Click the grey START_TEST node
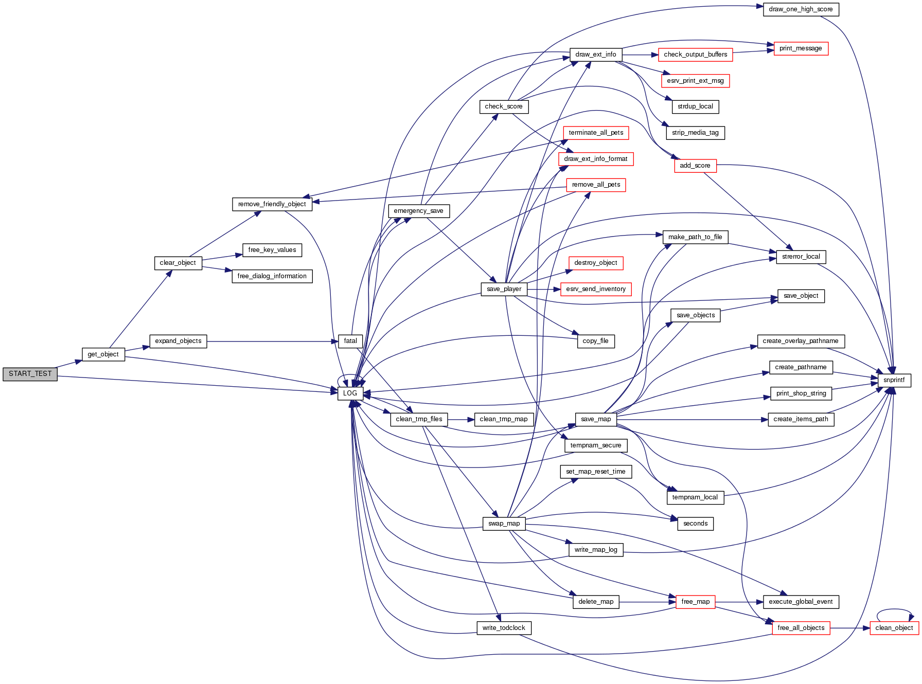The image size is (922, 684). pos(30,374)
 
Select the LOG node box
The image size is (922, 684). pos(350,393)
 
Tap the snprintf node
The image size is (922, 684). pos(894,380)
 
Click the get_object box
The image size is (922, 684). pos(103,354)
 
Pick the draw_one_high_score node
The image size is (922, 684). pos(801,9)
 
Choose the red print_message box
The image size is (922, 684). pos(801,48)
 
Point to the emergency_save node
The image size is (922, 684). pos(418,211)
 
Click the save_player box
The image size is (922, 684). pos(504,289)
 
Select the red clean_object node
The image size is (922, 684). pos(894,628)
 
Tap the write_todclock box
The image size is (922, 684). pos(504,628)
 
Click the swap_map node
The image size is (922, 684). pos(504,524)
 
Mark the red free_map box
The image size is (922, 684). pos(695,602)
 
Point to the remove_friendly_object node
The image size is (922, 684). pos(272,204)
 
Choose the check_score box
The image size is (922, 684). pos(503,106)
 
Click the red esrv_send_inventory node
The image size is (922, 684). pos(596,289)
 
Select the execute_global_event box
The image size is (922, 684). pos(801,602)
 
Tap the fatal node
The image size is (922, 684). pos(350,341)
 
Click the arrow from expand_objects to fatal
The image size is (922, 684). pos(273,341)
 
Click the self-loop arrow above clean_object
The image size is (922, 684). pos(894,610)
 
